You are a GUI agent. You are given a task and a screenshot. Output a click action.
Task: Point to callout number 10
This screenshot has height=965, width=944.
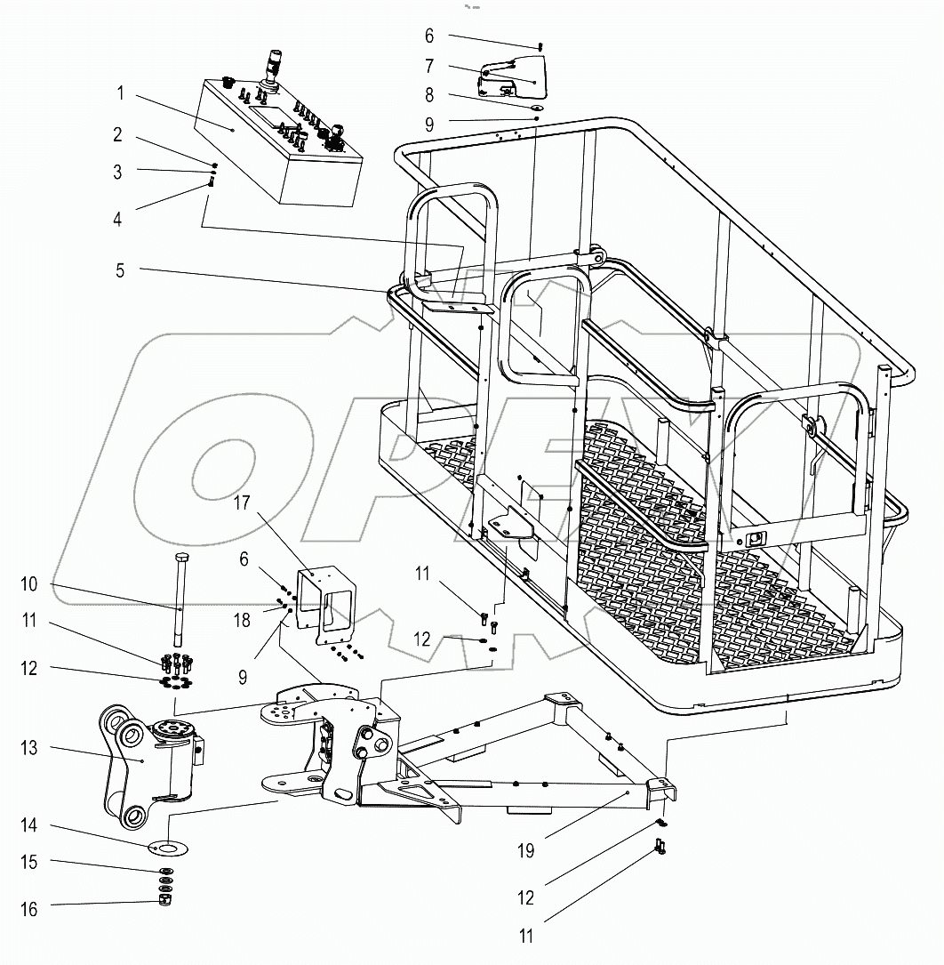click(x=29, y=583)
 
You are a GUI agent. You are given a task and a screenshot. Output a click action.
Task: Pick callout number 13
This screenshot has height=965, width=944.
click(x=29, y=748)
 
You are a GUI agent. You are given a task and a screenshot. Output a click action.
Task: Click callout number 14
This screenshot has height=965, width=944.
click(x=29, y=825)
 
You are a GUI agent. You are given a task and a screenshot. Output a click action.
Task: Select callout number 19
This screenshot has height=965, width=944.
click(x=526, y=851)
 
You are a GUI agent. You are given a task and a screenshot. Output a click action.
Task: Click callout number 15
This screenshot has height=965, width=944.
click(x=29, y=862)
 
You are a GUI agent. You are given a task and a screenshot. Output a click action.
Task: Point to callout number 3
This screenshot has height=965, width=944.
click(x=118, y=172)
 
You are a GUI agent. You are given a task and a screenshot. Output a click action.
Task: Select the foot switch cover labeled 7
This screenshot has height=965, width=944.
click(x=516, y=75)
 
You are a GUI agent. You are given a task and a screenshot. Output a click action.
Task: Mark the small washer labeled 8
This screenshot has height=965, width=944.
click(x=536, y=105)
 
